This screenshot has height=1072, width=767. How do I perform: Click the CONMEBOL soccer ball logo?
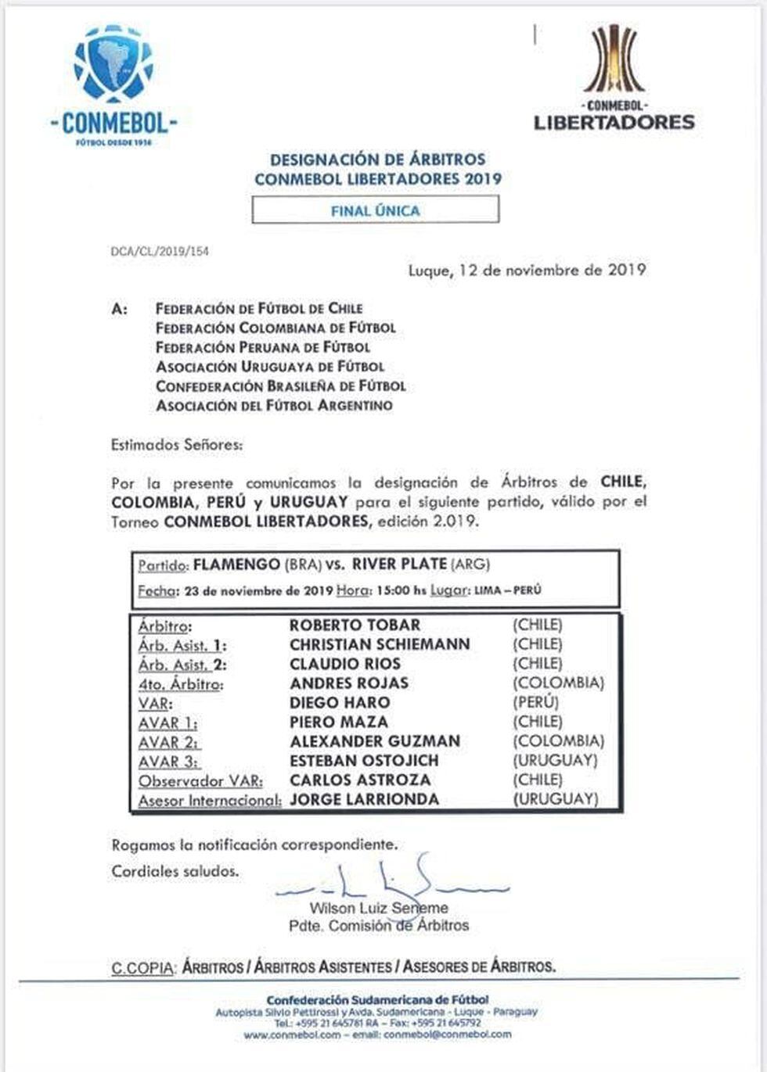pyautogui.click(x=113, y=63)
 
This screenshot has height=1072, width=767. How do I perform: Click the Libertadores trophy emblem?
pyautogui.click(x=614, y=59)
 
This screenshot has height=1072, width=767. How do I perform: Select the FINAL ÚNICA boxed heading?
pyautogui.click(x=375, y=210)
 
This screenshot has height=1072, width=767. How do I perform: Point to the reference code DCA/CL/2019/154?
pyautogui.click(x=160, y=252)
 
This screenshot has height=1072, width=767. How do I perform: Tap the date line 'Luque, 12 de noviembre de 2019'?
pyautogui.click(x=527, y=271)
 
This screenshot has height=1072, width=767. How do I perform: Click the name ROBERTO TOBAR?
pyautogui.click(x=355, y=625)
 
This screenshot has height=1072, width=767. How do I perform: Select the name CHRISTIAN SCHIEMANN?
pyautogui.click(x=380, y=644)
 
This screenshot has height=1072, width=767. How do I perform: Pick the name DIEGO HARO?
pyautogui.click(x=339, y=702)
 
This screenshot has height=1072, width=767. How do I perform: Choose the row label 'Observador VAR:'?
pyautogui.click(x=200, y=780)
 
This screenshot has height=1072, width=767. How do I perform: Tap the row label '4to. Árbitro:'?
pyautogui.click(x=180, y=683)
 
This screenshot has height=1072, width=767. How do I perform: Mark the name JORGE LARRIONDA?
pyautogui.click(x=364, y=799)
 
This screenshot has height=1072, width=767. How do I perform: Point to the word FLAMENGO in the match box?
pyautogui.click(x=236, y=564)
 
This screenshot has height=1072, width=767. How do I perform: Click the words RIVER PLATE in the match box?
pyautogui.click(x=399, y=564)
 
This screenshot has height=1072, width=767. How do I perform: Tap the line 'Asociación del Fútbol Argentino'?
pyautogui.click(x=274, y=405)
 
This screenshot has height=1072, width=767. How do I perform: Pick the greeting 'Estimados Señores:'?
pyautogui.click(x=177, y=445)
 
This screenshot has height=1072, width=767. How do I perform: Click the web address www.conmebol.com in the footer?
pyautogui.click(x=292, y=1034)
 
